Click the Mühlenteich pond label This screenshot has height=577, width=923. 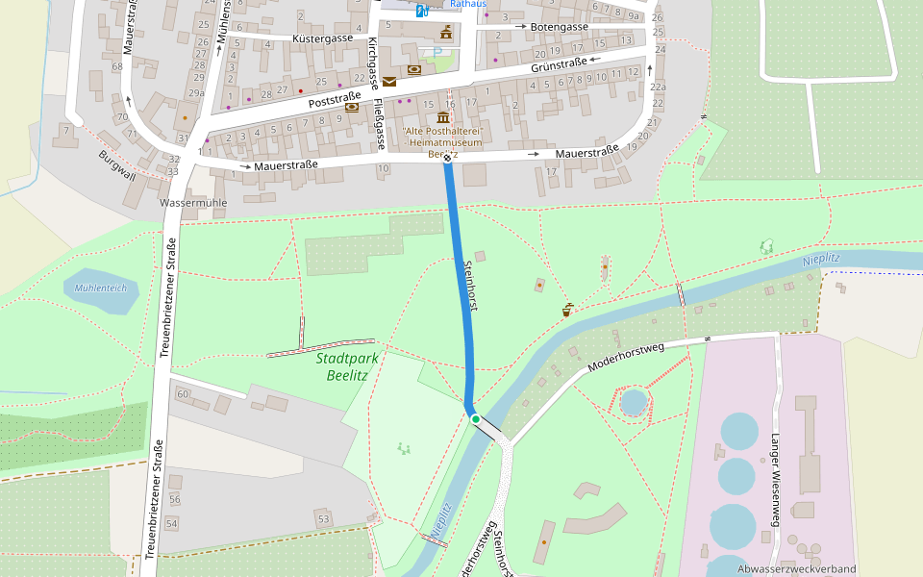[100, 288]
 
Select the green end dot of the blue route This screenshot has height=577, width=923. [475, 419]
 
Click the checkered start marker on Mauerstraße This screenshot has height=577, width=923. [447, 158]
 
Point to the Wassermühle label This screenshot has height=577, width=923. [193, 204]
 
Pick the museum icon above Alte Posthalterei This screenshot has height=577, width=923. [443, 117]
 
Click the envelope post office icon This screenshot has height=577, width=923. [388, 82]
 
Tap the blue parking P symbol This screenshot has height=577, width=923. [438, 51]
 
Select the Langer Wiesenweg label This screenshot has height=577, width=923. [774, 467]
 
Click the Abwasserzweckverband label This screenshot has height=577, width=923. [796, 569]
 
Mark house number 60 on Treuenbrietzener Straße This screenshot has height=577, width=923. [183, 394]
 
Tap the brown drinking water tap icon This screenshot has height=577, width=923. [568, 310]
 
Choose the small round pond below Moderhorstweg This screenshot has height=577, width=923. [634, 401]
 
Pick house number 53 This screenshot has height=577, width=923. [323, 519]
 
